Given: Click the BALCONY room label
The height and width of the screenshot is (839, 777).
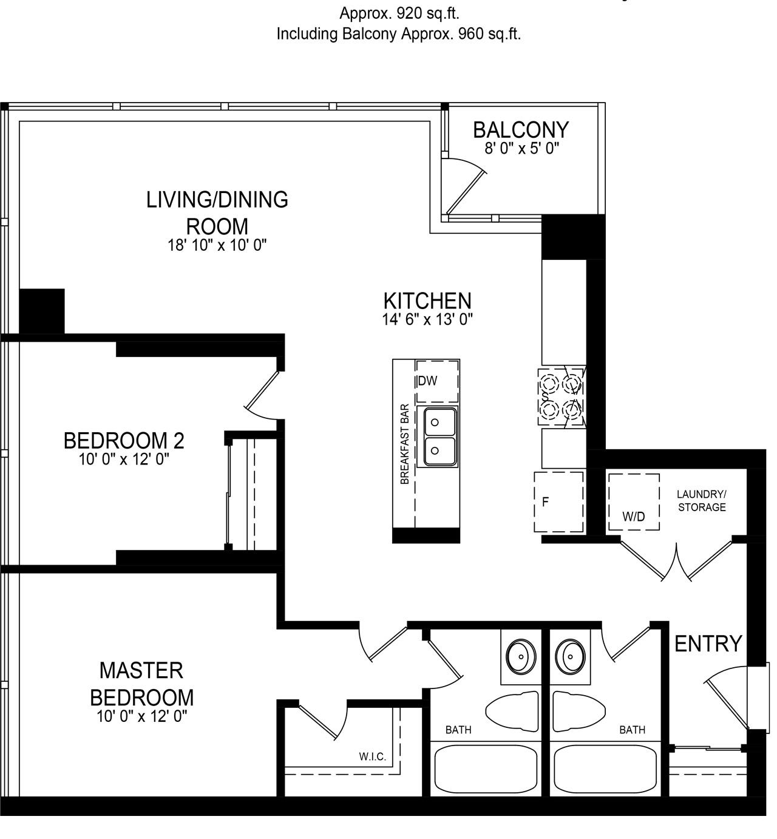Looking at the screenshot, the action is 521,130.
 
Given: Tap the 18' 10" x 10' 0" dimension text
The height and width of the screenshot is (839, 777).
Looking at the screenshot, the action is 217,245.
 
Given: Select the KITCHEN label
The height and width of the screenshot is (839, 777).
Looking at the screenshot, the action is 427,301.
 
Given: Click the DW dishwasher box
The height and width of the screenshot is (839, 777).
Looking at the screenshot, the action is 437,381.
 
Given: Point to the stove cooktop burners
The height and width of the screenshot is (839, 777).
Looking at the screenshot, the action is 562,396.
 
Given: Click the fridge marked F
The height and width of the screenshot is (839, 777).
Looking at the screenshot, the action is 558,501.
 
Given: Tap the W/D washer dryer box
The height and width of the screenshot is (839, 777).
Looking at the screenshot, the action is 634,501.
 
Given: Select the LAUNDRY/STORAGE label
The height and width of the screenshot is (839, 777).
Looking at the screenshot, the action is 702,501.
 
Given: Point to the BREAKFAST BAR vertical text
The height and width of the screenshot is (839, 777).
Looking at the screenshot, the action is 405,444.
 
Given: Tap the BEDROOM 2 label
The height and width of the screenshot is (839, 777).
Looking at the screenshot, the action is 124,441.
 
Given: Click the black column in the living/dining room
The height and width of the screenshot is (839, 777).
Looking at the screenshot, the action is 42,311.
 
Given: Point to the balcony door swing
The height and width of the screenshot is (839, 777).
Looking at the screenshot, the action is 465,185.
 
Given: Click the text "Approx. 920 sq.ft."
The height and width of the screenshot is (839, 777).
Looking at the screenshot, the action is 399,14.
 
